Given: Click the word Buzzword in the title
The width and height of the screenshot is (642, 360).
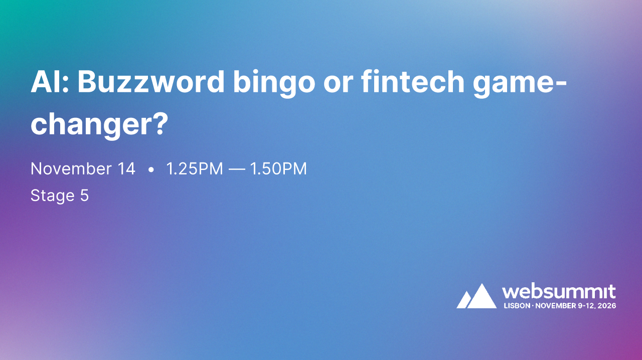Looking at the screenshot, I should [x=150, y=83].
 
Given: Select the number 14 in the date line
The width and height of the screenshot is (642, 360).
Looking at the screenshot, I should [x=127, y=169].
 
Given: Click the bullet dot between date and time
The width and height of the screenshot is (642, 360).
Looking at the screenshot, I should [x=151, y=170].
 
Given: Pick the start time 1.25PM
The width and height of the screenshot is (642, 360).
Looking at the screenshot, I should [x=194, y=169].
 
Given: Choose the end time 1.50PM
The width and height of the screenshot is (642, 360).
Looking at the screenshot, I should [x=278, y=169].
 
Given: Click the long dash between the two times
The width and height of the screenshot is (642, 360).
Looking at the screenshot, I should [x=236, y=169].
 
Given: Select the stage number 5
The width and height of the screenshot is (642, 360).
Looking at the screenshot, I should [x=84, y=196].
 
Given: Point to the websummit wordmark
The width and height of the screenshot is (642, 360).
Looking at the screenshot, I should [x=559, y=291].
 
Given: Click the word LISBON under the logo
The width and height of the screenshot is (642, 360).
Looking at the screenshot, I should [x=516, y=305].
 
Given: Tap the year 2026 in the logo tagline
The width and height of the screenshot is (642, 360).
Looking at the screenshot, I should [x=606, y=305].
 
